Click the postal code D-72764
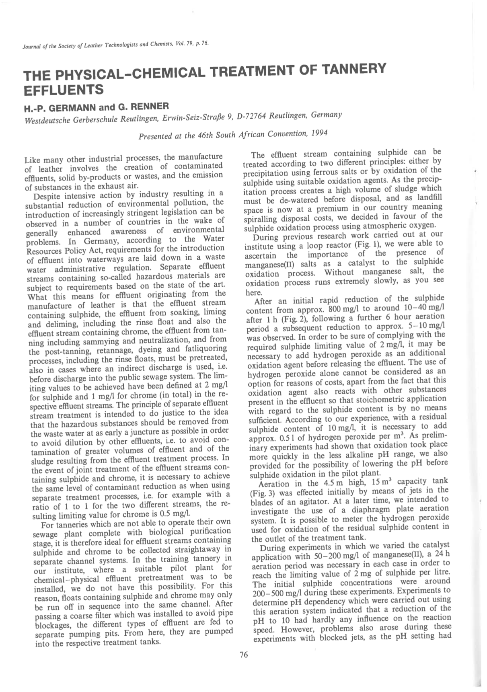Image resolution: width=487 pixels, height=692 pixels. [x=251, y=117]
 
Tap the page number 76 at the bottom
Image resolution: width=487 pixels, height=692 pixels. [x=244, y=655]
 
